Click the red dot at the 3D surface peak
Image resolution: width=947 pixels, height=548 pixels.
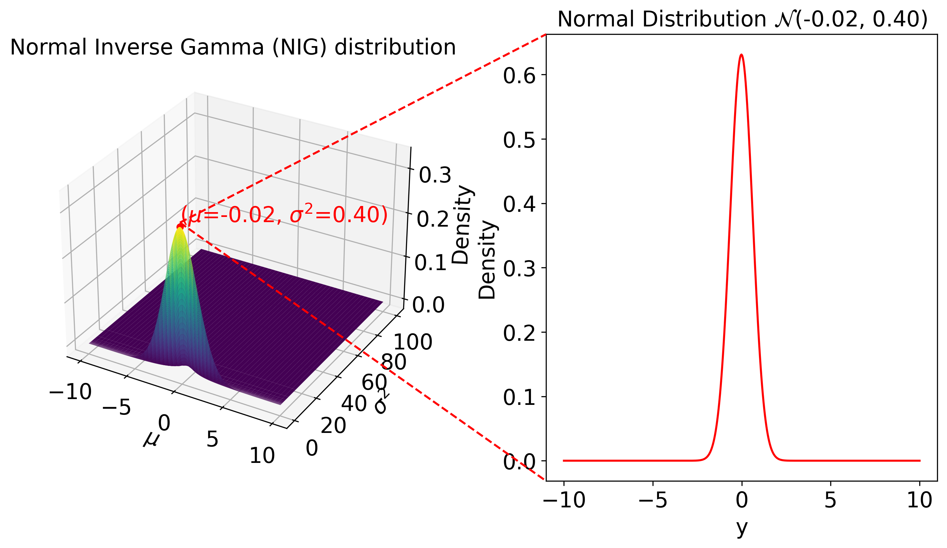(x=180, y=227)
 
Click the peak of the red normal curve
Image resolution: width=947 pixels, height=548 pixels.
(x=741, y=55)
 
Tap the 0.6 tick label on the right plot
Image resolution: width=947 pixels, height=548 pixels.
(x=519, y=76)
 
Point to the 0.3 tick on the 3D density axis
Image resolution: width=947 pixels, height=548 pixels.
(x=435, y=175)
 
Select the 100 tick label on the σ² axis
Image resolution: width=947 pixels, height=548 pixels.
(x=413, y=342)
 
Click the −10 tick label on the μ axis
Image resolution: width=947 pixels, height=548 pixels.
(x=70, y=392)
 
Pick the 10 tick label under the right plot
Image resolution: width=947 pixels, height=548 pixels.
(x=919, y=501)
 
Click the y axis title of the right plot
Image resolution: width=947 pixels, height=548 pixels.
(x=742, y=528)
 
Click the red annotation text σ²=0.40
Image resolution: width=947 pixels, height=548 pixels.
(x=338, y=215)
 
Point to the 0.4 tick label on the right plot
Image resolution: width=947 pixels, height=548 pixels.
(x=519, y=205)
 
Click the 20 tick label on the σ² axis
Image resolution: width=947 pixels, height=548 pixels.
(x=333, y=426)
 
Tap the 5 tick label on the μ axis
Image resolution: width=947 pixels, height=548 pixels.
(x=212, y=439)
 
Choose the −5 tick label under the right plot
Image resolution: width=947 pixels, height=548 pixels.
(x=653, y=501)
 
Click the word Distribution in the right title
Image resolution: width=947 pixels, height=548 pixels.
(x=703, y=20)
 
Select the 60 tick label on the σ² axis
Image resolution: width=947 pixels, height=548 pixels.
(x=374, y=382)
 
